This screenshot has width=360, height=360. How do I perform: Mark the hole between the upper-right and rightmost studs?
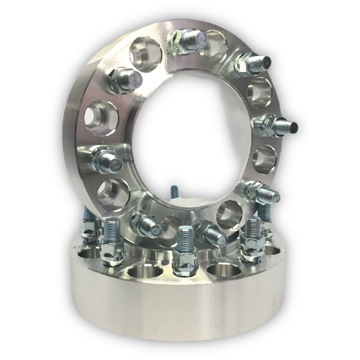click(260, 93)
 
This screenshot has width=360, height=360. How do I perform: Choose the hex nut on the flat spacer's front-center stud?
click(184, 259)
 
